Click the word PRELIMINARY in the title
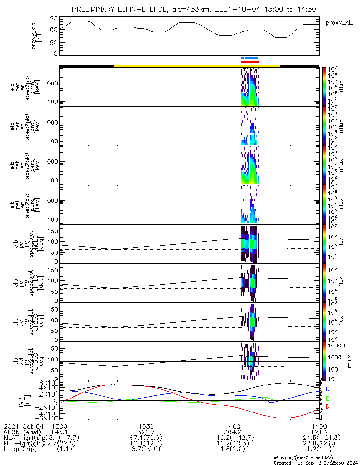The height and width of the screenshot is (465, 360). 94,9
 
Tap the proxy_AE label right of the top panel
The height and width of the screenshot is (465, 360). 338,22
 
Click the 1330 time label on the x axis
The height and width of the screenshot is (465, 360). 146,426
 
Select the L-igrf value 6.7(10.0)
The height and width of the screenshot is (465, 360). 146,451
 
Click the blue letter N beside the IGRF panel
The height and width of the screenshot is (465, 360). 327,388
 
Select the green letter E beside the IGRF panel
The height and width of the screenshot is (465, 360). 327,399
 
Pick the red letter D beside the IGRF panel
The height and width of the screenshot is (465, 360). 327,407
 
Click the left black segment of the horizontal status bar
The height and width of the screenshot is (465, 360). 87,66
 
